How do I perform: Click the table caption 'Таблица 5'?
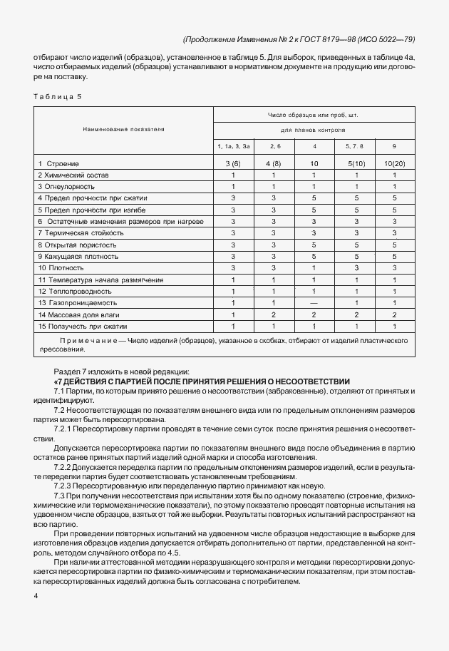coord(57,98)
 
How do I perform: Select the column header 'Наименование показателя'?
coord(124,130)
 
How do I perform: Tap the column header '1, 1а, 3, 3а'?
coord(233,146)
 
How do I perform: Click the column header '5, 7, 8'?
coord(354,146)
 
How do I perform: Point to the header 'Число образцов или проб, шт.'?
coord(312,115)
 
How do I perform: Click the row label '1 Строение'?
coord(58,163)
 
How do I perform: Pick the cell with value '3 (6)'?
coord(233,163)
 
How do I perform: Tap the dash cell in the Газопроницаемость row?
coord(314,303)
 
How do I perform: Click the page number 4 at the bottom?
coord(36,593)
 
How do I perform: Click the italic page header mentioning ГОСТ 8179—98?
coord(296,39)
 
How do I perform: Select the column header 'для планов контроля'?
coord(312,130)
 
